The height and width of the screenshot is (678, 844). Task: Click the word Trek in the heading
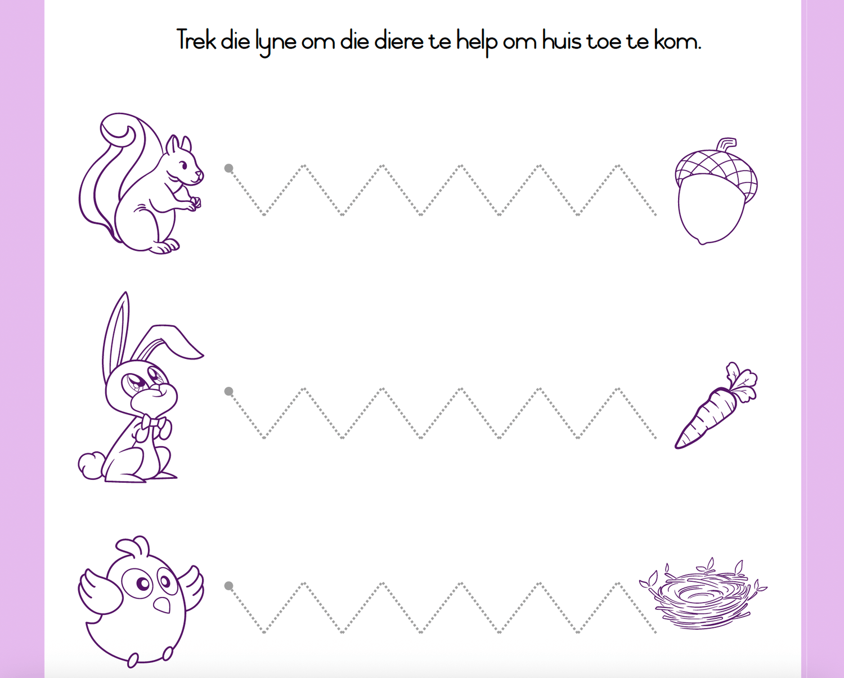point(196,40)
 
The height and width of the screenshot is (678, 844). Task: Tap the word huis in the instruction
point(562,41)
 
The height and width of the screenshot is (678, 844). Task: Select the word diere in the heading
point(399,41)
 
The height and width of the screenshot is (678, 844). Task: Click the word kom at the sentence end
point(677,41)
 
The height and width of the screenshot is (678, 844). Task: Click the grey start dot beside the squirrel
point(228,168)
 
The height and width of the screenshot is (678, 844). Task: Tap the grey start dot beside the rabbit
point(228,391)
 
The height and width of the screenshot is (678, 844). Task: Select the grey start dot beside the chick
point(228,586)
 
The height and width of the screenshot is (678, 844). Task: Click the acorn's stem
point(727,143)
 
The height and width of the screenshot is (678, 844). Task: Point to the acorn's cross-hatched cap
point(716,173)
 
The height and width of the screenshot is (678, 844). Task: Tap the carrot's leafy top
point(740,380)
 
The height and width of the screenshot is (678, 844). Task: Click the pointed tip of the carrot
point(677,446)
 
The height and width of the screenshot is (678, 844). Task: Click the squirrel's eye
point(184,165)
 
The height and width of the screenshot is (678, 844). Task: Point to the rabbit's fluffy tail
point(91,465)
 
